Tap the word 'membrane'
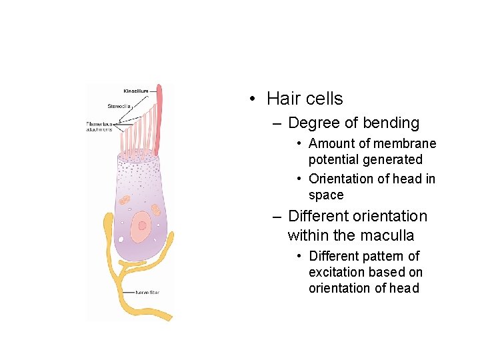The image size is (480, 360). (x=405, y=143)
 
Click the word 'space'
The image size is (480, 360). (x=326, y=195)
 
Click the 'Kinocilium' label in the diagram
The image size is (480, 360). (x=136, y=91)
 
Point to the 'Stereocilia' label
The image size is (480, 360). (x=121, y=105)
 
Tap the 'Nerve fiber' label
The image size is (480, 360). (x=147, y=292)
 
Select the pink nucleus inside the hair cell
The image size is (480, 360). (x=141, y=227)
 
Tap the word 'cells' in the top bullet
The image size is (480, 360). (x=323, y=99)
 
